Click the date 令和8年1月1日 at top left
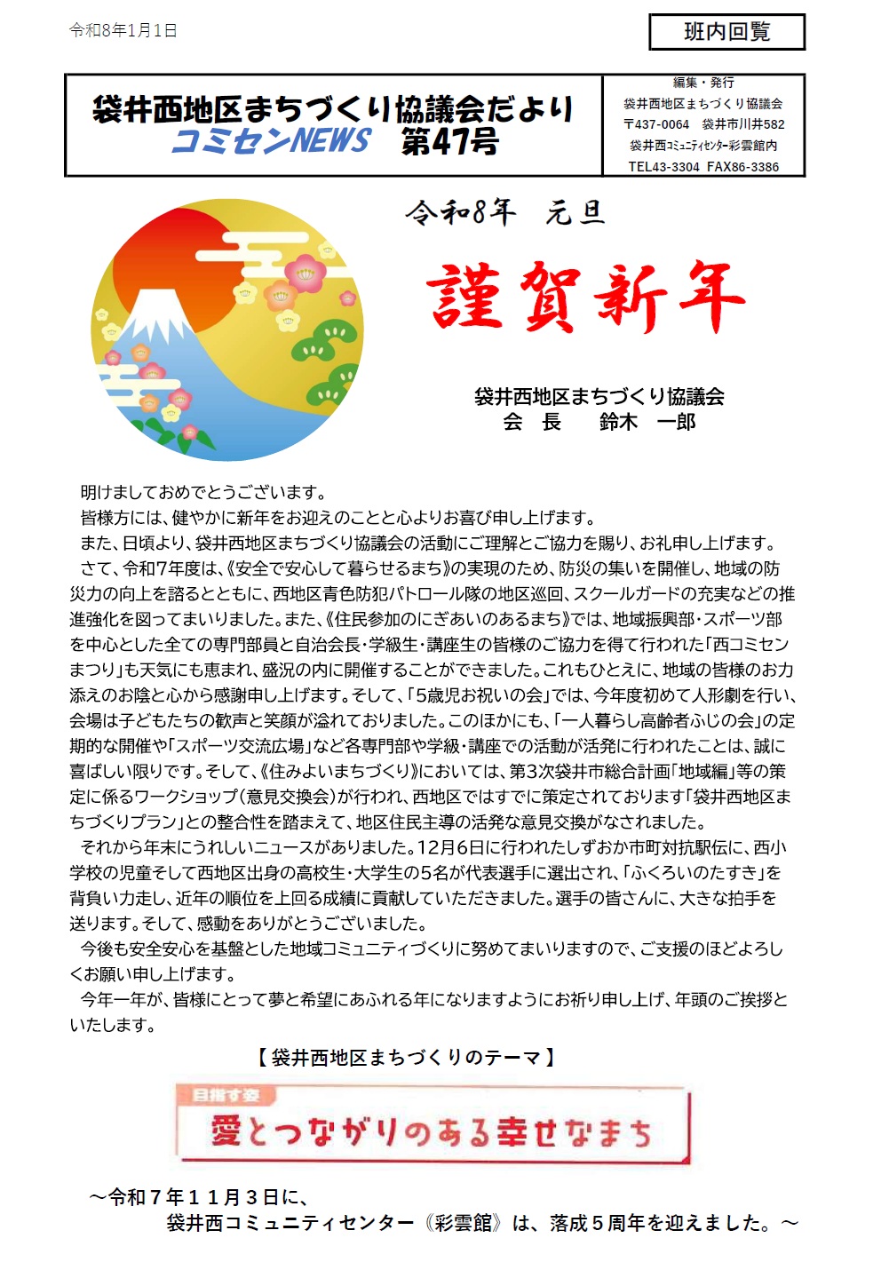(123, 31)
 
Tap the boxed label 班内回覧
(726, 32)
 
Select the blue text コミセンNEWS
(271, 141)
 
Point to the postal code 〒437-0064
(656, 124)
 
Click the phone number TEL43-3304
(663, 167)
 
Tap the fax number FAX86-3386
(743, 167)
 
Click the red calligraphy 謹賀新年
(584, 297)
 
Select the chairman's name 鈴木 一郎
(647, 422)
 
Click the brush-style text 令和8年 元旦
(505, 213)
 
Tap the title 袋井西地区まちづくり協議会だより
(333, 109)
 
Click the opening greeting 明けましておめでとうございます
(204, 492)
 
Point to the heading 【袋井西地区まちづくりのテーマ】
(408, 1058)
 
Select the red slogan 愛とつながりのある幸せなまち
(431, 1132)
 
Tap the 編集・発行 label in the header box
(703, 83)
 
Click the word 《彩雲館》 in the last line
(458, 1223)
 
